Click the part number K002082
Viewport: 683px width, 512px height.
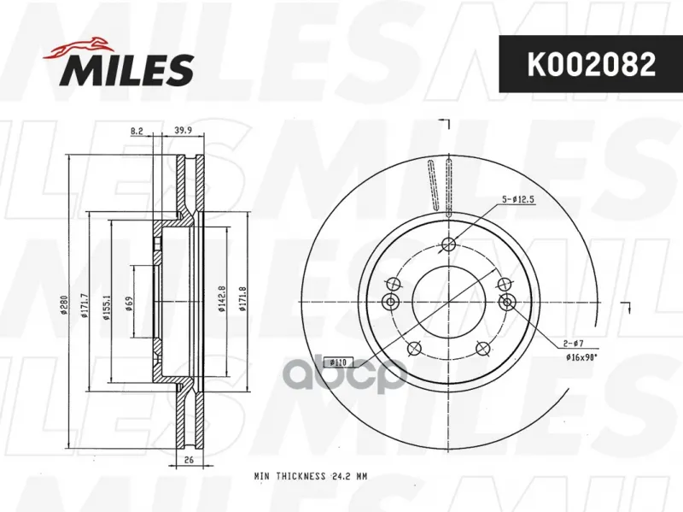point(591,64)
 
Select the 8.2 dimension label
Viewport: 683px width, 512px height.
point(137,131)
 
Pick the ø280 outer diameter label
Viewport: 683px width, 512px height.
point(63,305)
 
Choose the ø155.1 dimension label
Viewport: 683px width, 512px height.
point(106,307)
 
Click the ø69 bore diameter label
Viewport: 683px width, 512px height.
point(129,303)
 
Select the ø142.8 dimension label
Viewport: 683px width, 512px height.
point(221,299)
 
